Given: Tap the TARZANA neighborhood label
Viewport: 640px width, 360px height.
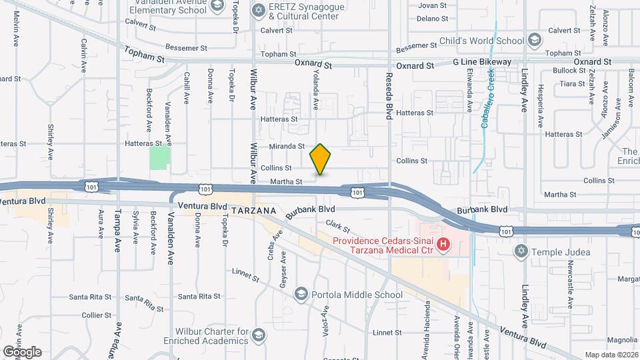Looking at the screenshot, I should tap(254, 210).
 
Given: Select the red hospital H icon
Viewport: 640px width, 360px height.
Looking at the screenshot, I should tap(443, 247).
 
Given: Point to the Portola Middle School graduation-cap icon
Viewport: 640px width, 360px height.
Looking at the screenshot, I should tap(301, 295).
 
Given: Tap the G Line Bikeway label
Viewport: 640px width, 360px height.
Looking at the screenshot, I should tap(482, 62).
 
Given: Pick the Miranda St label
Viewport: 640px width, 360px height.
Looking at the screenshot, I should tap(287, 146).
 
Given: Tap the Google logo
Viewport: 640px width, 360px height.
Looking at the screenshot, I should tap(22, 351).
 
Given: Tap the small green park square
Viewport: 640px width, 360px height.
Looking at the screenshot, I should tap(159, 157).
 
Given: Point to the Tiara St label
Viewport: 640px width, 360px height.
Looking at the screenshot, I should tap(572, 84).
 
